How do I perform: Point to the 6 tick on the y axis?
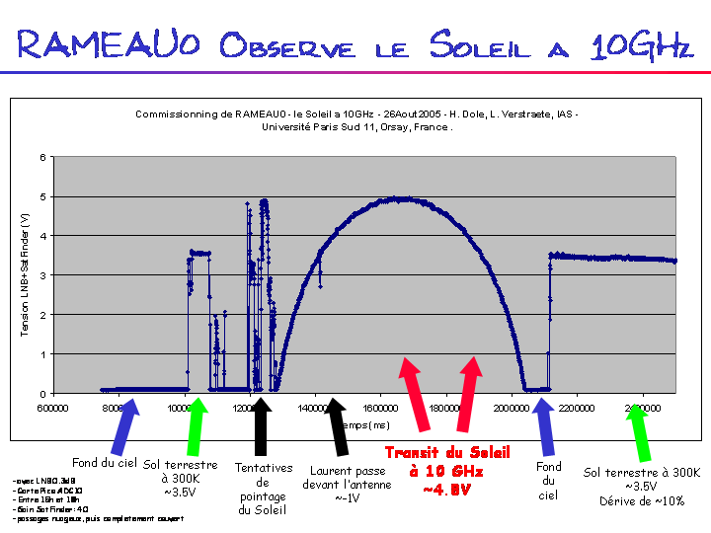(40, 157)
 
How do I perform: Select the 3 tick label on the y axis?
(40, 275)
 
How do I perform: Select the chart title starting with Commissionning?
(356, 120)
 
